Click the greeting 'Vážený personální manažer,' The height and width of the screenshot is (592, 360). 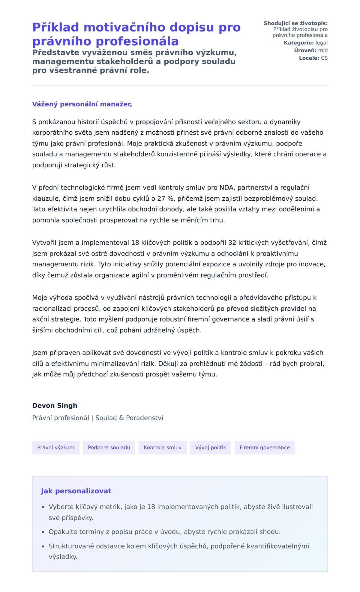82,104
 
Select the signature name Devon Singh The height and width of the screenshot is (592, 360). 55,405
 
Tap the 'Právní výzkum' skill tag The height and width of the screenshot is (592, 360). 56,447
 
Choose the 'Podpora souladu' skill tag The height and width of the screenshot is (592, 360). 109,447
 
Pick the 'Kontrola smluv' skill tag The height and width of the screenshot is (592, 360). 163,447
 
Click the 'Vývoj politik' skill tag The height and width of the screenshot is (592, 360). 211,447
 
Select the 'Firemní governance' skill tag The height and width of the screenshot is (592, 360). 265,447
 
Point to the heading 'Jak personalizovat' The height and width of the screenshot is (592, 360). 76,491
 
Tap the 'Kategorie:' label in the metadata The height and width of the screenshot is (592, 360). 298,43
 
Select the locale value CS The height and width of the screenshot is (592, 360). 324,58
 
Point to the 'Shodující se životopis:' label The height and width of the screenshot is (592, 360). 295,23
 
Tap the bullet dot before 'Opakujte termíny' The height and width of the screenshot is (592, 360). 43,532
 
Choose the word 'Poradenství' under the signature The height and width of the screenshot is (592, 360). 145,418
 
